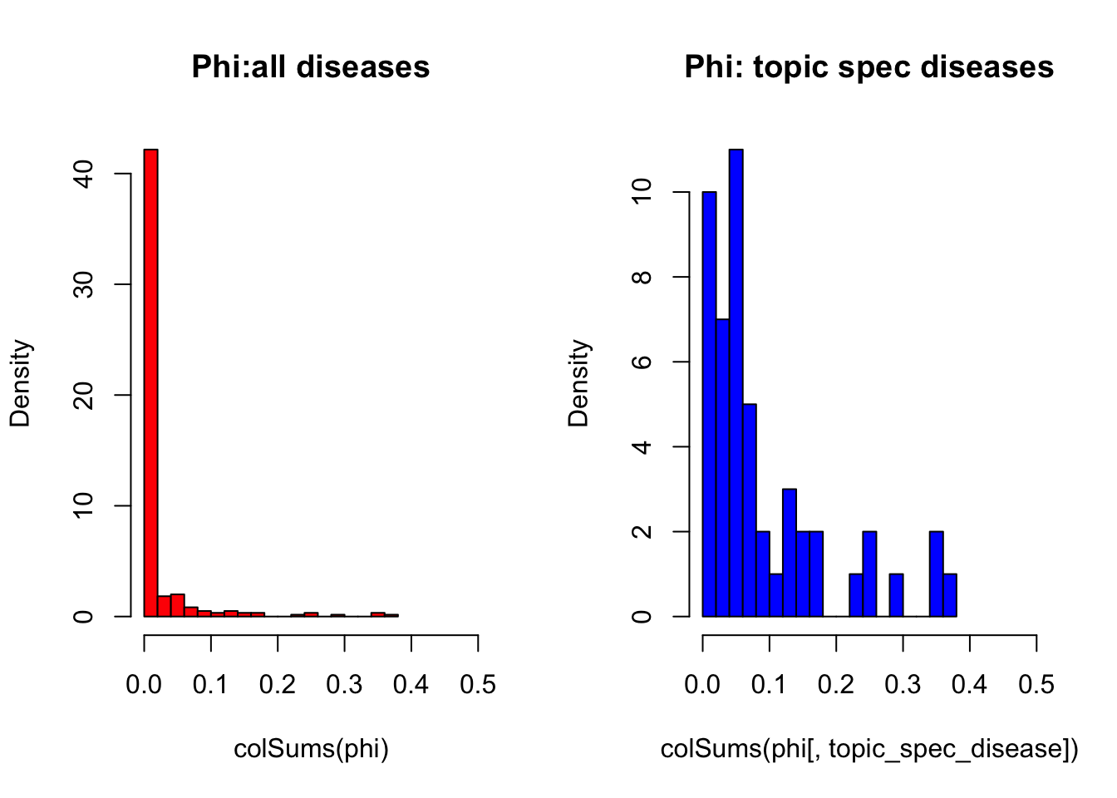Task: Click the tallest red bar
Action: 150,382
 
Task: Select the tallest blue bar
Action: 736,382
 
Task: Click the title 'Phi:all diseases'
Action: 310,67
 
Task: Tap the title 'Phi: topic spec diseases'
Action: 869,67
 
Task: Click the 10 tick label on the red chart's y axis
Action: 83,505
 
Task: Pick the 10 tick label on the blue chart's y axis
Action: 642,192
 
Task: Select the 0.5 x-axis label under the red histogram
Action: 478,684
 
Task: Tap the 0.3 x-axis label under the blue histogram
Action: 903,684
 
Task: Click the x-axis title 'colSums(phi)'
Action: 311,749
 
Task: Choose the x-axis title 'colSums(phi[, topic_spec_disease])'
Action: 869,749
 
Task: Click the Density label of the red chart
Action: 20,382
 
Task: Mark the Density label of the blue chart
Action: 578,382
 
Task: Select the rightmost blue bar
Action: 950,595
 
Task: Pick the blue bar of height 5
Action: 750,510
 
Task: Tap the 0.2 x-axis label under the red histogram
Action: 278,684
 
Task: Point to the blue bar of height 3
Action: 790,553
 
